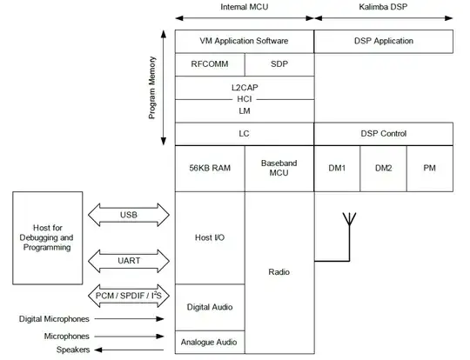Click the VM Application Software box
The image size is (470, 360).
pos(244,41)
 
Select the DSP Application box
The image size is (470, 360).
pos(383,41)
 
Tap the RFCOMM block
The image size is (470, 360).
pos(210,64)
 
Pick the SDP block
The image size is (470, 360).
pos(279,64)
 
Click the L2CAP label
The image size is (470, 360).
pos(245,88)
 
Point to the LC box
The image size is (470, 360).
pos(245,134)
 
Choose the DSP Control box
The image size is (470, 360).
pos(383,134)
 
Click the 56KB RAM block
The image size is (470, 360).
pos(210,169)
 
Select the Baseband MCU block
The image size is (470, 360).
pos(279,169)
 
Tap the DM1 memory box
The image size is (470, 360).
pos(337,169)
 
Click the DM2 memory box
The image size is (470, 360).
pos(383,169)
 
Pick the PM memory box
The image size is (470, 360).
pos(429,169)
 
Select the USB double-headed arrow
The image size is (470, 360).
pos(128,215)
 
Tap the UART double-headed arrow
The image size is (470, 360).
pos(128,258)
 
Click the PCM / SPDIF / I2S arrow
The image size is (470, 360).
pos(128,297)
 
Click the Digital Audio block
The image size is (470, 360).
pos(210,307)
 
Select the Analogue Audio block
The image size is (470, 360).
pos(210,342)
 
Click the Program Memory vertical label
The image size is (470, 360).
pos(152,88)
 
